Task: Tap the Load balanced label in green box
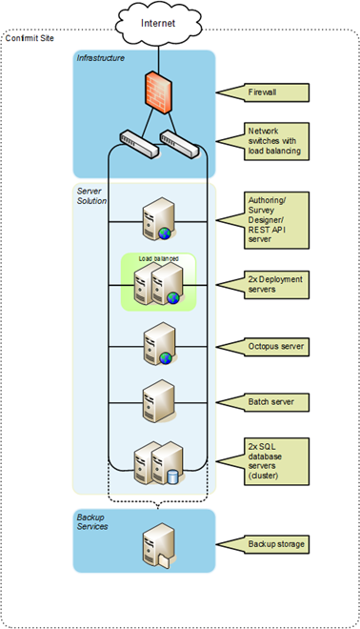tap(158, 258)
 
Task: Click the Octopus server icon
tap(156, 345)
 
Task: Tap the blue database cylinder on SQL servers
tap(172, 477)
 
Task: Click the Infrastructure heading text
tap(101, 59)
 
